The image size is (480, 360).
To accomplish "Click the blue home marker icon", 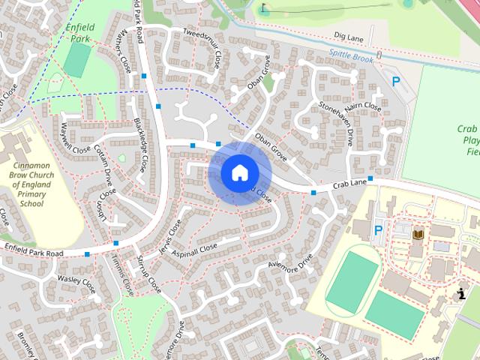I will [x=238, y=172].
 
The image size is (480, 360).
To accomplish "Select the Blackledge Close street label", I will [x=140, y=142].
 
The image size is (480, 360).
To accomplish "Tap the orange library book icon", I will [x=418, y=235].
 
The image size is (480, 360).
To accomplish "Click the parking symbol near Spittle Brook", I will [x=396, y=82].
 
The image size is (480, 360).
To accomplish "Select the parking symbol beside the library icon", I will [x=379, y=230].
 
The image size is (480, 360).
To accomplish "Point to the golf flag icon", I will [x=264, y=9].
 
